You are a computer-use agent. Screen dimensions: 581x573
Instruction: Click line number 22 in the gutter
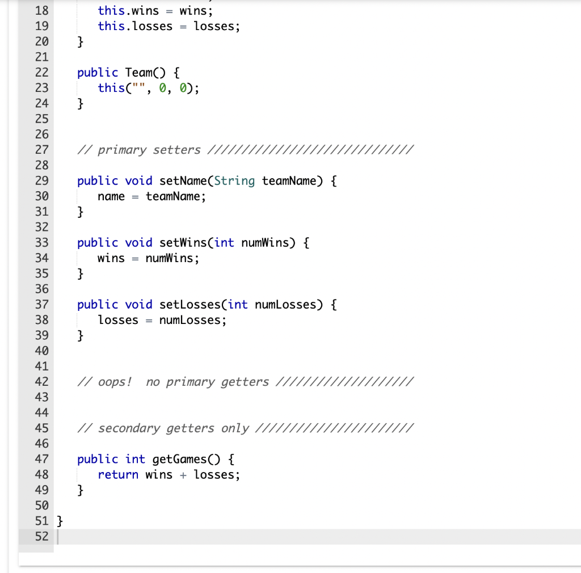pyautogui.click(x=41, y=73)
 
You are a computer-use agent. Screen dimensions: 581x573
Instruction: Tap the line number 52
pyautogui.click(x=41, y=536)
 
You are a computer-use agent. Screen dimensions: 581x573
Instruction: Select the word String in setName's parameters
pyautogui.click(x=235, y=181)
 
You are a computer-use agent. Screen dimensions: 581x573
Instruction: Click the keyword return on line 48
pyautogui.click(x=118, y=475)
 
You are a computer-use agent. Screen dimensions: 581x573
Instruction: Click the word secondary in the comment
pyautogui.click(x=129, y=428)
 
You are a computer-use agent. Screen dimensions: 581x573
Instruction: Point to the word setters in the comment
pyautogui.click(x=176, y=150)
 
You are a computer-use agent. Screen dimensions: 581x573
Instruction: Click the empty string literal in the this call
pyautogui.click(x=138, y=88)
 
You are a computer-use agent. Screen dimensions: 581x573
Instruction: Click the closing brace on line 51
pyautogui.click(x=60, y=521)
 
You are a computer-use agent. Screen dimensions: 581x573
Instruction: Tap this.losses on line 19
pyautogui.click(x=135, y=26)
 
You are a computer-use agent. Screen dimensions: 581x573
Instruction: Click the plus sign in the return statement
pyautogui.click(x=183, y=475)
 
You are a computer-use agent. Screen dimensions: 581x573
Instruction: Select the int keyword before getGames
pyautogui.click(x=135, y=459)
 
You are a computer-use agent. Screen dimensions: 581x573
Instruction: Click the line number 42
pyautogui.click(x=41, y=382)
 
